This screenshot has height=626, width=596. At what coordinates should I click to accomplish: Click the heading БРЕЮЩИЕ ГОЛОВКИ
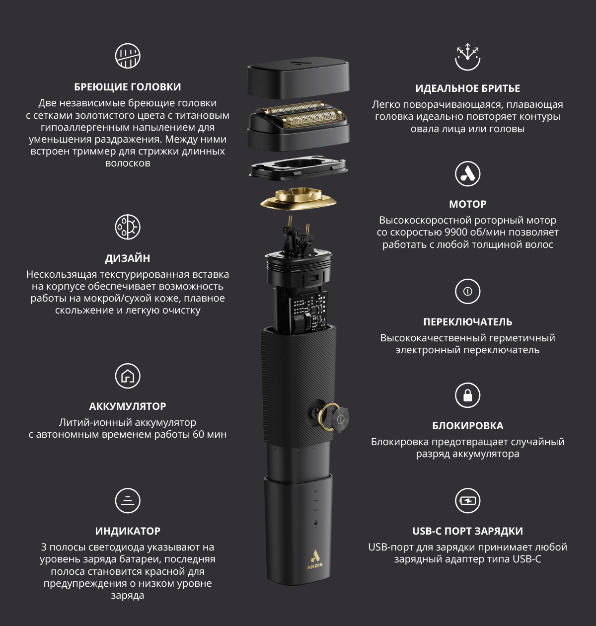coord(127,87)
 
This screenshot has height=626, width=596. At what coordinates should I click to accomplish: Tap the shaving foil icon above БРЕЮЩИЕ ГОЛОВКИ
coord(127,56)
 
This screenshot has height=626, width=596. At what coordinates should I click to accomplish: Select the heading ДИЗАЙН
coord(127,258)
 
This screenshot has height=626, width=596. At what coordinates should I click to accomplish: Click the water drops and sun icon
coord(127,227)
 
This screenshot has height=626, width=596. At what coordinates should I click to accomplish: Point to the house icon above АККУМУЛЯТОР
coord(127,376)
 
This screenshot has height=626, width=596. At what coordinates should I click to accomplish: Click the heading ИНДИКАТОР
coord(127,531)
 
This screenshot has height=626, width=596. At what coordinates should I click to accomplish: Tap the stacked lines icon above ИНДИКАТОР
coord(127,500)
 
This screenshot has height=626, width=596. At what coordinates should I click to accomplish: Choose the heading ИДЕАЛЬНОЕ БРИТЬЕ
coord(467,88)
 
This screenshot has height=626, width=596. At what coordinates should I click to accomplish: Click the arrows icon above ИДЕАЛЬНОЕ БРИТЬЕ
coord(467,57)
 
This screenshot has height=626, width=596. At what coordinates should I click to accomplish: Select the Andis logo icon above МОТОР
coord(467,174)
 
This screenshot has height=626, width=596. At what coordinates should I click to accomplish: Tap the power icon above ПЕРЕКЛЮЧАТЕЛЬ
coord(467,291)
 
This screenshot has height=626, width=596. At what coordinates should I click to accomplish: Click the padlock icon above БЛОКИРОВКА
coord(467,395)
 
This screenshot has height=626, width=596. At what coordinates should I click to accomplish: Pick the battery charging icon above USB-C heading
coord(467,500)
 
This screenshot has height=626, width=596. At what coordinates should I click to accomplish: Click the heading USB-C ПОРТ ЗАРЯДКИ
coord(467,531)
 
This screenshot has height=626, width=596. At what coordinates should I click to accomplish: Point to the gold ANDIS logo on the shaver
coord(314,559)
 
